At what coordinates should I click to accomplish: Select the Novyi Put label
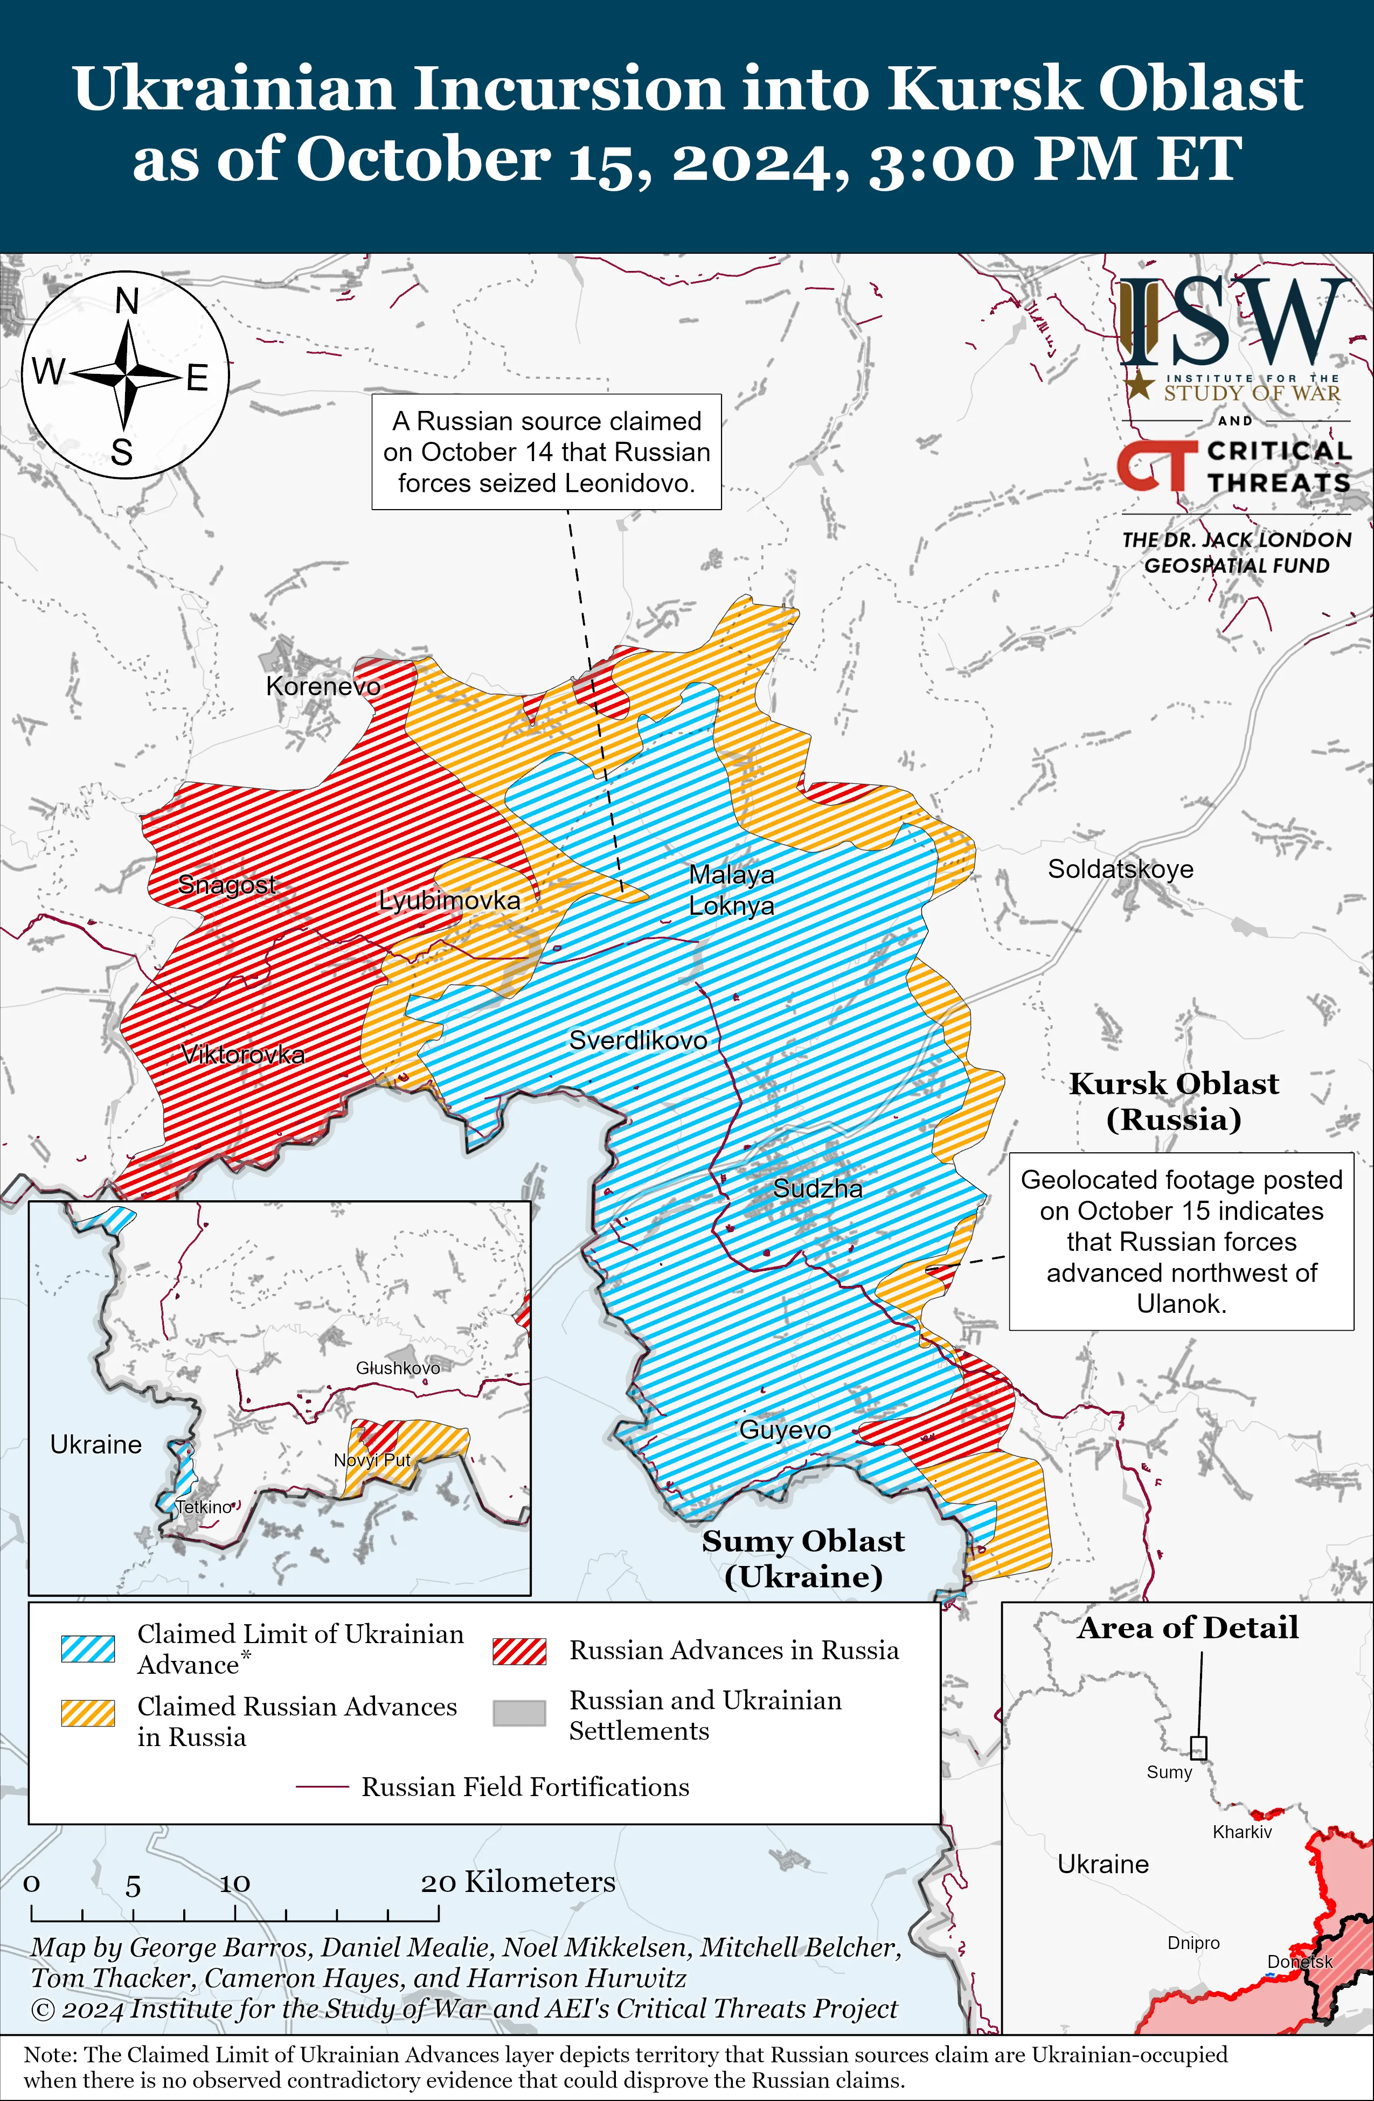[x=372, y=1459]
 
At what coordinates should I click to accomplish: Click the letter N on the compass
[x=127, y=302]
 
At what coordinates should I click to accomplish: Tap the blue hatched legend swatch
[x=87, y=1648]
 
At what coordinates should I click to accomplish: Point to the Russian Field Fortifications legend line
[x=322, y=1787]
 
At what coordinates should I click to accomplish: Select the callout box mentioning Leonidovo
[x=546, y=452]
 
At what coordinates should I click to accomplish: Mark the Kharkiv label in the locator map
[x=1241, y=1832]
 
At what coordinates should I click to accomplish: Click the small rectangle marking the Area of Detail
[x=1198, y=1748]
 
